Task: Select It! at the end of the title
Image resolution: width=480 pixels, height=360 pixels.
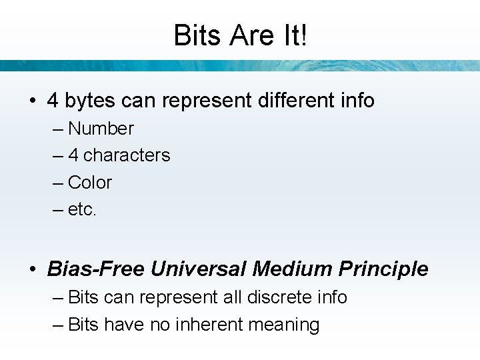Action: click(295, 35)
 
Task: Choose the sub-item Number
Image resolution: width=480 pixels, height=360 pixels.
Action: click(101, 129)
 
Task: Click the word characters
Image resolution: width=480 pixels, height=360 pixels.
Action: click(127, 155)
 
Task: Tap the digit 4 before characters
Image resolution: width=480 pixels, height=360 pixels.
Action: click(73, 155)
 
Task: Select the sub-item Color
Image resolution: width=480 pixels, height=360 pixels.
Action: click(90, 183)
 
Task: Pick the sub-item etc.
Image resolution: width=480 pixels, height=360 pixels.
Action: click(83, 210)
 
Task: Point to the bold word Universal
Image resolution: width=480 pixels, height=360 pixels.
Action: click(199, 269)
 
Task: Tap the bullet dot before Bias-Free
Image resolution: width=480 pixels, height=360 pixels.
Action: click(32, 270)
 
